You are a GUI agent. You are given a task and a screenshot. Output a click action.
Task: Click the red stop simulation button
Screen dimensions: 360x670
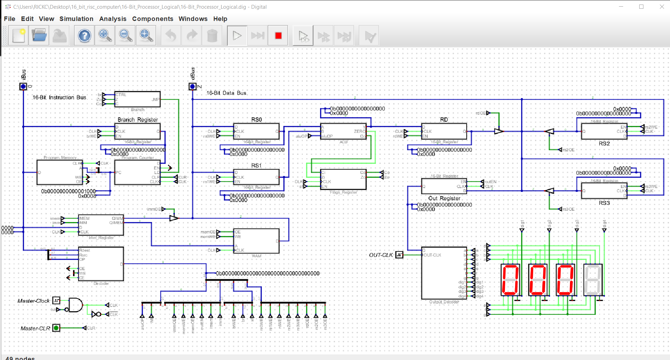pyautogui.click(x=278, y=36)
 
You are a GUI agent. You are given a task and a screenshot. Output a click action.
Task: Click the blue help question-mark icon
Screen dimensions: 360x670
pyautogui.click(x=84, y=36)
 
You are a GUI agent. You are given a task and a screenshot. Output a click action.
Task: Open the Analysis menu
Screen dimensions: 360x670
pyautogui.click(x=113, y=19)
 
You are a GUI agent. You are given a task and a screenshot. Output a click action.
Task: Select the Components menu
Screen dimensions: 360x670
pyautogui.click(x=152, y=19)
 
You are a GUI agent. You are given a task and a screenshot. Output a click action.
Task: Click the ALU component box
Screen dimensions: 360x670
pyautogui.click(x=343, y=131)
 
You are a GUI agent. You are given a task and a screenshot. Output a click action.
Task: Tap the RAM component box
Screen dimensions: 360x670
pyautogui.click(x=256, y=241)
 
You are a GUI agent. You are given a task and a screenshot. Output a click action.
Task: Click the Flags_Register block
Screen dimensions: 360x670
pyautogui.click(x=343, y=180)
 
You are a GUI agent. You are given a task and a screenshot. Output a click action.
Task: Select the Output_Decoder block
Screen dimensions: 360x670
pyautogui.click(x=444, y=273)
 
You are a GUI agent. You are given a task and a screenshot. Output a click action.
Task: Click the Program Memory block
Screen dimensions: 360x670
pyautogui.click(x=60, y=172)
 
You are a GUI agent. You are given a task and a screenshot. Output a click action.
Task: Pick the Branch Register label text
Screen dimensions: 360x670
pyautogui.click(x=138, y=120)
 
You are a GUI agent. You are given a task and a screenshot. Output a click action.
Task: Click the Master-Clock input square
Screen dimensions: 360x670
pyautogui.click(x=56, y=301)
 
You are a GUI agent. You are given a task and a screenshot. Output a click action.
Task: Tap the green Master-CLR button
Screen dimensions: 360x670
pyautogui.click(x=56, y=328)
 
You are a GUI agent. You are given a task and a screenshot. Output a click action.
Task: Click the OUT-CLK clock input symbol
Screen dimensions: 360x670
pyautogui.click(x=399, y=255)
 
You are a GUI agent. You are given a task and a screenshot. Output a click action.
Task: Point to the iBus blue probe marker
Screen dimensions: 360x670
pyautogui.click(x=23, y=86)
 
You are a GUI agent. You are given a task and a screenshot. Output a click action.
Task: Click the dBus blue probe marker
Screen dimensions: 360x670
pyautogui.click(x=192, y=86)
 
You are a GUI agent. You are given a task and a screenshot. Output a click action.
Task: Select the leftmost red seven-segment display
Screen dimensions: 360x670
pyautogui.click(x=510, y=280)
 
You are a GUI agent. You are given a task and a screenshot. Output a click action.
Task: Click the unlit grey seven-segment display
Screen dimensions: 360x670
pyautogui.click(x=593, y=280)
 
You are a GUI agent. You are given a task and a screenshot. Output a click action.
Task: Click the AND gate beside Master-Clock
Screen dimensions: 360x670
pyautogui.click(x=75, y=305)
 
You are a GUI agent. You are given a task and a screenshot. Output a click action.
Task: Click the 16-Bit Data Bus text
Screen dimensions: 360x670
pyautogui.click(x=226, y=93)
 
